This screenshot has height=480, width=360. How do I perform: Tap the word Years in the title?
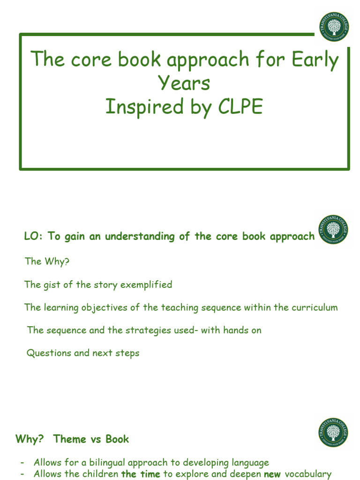184,83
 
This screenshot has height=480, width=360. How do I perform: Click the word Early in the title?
314,60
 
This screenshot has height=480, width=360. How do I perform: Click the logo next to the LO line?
333,229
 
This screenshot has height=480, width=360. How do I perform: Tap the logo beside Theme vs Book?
333,432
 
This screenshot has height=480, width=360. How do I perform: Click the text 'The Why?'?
47,262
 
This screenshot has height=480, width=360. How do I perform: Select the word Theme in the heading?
70,439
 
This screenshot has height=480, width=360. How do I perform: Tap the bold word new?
272,474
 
